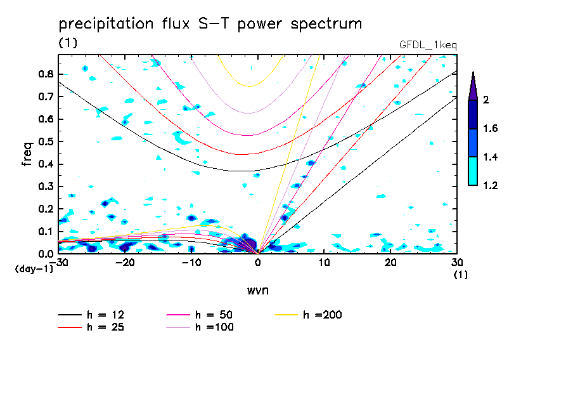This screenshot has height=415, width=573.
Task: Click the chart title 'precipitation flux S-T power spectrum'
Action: pyautogui.click(x=210, y=25)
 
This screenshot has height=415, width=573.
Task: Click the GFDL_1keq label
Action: pyautogui.click(x=428, y=45)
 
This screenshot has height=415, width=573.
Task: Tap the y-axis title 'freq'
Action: pyautogui.click(x=27, y=154)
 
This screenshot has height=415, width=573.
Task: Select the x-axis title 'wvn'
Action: pyautogui.click(x=257, y=290)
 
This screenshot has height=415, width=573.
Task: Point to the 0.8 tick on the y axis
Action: pyautogui.click(x=46, y=74)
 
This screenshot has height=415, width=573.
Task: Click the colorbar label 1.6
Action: pyautogui.click(x=491, y=129)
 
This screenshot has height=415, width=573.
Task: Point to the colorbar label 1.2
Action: pyautogui.click(x=491, y=186)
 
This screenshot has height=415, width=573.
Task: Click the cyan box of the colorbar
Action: pyautogui.click(x=473, y=171)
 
